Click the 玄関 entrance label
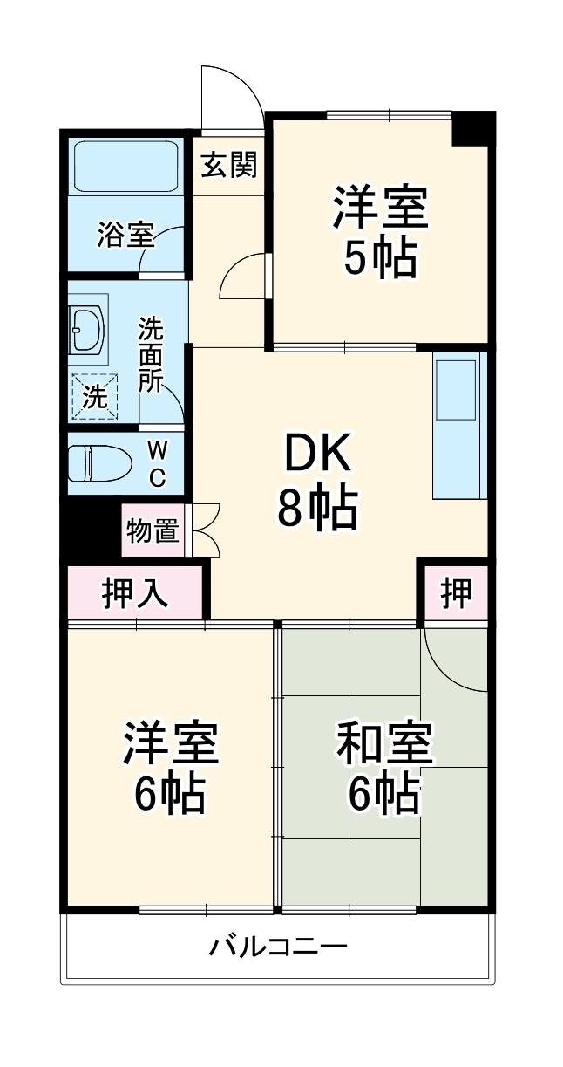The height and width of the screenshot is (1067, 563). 230,165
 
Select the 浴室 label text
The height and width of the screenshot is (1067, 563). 125,234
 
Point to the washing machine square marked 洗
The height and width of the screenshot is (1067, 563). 93,396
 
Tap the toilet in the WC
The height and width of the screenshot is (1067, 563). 99,462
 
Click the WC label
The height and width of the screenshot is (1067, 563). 157,463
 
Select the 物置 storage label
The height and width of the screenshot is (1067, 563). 153,530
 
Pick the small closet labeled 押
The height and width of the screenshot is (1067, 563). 454,593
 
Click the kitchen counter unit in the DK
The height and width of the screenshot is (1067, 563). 458,425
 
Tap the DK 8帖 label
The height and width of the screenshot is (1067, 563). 315,481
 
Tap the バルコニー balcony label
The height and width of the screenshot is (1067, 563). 279,946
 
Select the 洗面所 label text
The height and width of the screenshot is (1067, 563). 150,355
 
